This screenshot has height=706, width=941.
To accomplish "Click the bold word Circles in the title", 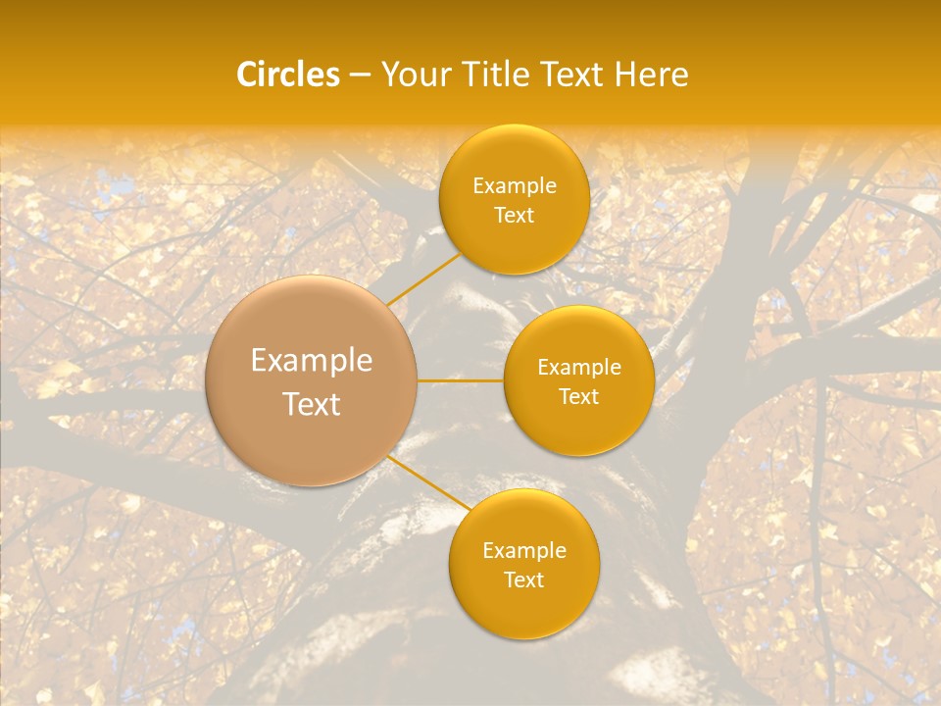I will tap(288, 75).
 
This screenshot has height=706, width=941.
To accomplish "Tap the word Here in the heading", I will tap(652, 75).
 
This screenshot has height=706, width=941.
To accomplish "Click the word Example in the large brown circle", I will tap(312, 361).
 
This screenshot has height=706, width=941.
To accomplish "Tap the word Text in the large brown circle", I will tap(312, 404).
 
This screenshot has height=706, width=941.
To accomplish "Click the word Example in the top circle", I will tap(515, 186).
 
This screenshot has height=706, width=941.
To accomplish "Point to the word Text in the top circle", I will tap(514, 216).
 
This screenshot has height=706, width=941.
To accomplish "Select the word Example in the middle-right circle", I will tap(579, 368).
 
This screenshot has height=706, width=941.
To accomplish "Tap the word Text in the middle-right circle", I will tap(579, 397).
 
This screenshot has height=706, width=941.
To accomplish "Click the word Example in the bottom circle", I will tap(524, 551).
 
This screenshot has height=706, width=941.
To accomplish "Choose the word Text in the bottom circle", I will tap(524, 580).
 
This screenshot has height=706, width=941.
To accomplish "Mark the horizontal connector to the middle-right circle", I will tap(461, 380).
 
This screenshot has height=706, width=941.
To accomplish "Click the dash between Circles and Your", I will tap(359, 76).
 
